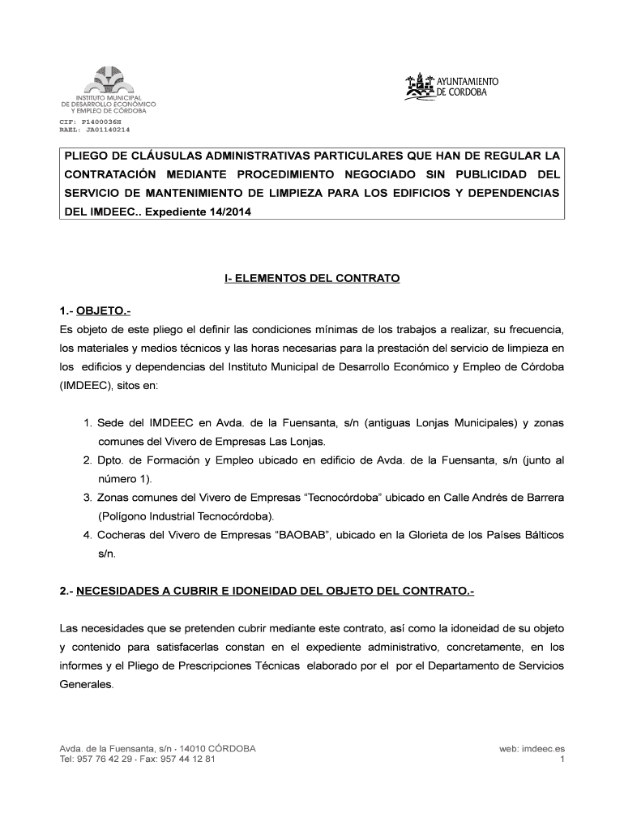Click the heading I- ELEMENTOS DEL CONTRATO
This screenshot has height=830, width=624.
coord(312,278)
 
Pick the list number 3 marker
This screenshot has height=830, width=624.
coord(87,496)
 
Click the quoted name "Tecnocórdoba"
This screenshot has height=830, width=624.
coord(332,496)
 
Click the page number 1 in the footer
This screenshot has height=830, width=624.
coord(562,760)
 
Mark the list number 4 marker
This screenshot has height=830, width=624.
coord(87,535)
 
